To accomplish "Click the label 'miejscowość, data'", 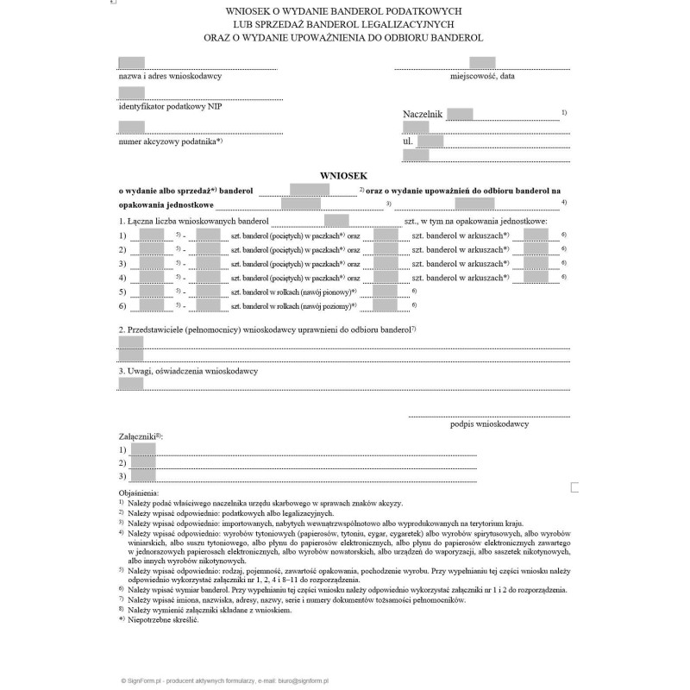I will point(482,76).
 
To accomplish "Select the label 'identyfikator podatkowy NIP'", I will point(170,107).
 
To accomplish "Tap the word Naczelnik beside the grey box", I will point(422,114).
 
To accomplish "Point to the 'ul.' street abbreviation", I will point(408,141).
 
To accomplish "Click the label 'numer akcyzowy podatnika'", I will point(169,141).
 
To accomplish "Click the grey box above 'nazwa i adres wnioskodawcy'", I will point(131,62).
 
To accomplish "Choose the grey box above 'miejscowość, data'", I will point(482,62).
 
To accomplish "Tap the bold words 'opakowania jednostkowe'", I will point(166,205).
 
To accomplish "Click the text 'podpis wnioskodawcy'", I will point(489,423).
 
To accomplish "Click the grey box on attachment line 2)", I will point(143,463).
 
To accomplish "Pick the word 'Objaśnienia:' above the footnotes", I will point(139,492).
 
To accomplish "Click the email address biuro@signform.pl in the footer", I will point(310,681).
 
